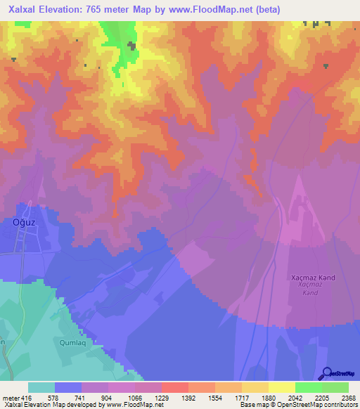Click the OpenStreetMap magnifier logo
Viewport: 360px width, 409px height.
[326, 373]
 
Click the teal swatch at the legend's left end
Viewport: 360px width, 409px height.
[41, 387]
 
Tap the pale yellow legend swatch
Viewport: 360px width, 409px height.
[281, 387]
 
